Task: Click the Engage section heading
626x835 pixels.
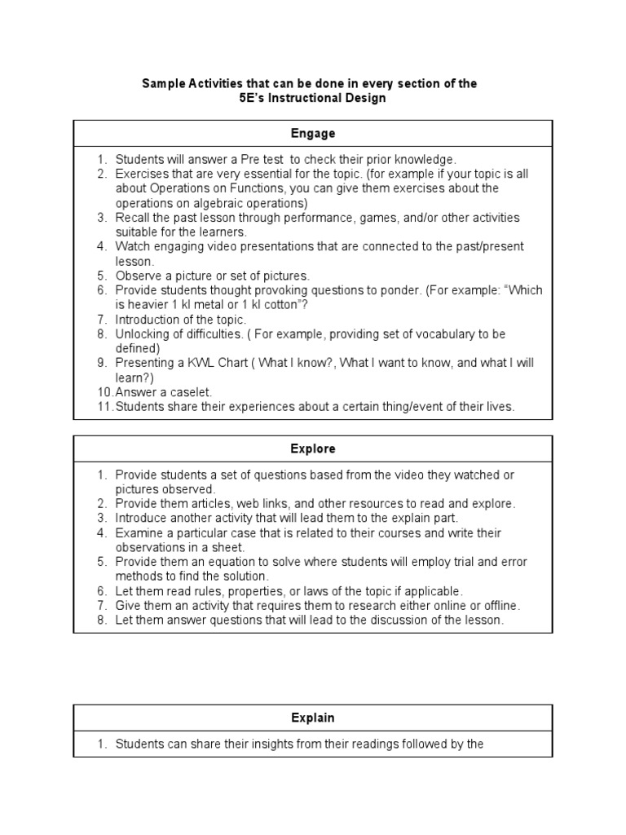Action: click(313, 133)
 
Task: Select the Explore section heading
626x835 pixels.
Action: click(313, 448)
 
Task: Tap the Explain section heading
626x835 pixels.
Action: click(313, 718)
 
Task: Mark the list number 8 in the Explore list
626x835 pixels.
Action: click(103, 621)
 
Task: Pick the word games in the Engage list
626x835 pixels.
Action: click(377, 218)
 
